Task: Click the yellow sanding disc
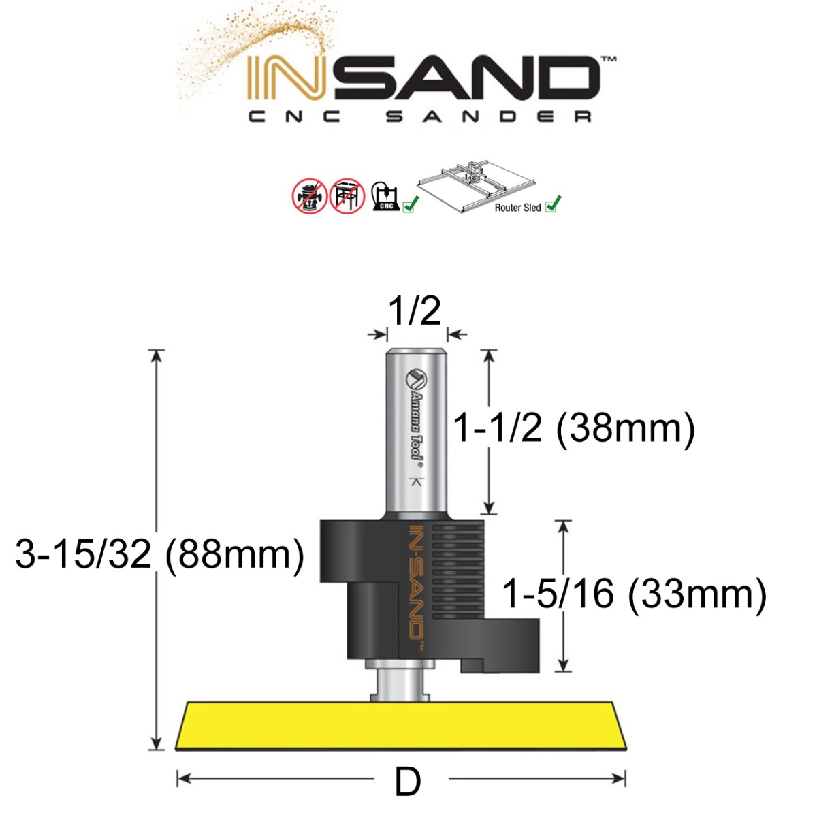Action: click(402, 726)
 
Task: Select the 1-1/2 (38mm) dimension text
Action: click(574, 429)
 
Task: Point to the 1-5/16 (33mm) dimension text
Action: click(634, 594)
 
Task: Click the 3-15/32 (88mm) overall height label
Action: click(159, 554)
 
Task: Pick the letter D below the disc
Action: click(408, 782)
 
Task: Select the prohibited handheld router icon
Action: click(309, 197)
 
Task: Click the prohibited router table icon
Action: click(347, 197)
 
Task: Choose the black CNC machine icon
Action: click(385, 197)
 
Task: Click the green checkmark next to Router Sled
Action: click(554, 204)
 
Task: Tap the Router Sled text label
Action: click(517, 208)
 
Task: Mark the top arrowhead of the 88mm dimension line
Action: click(157, 353)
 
